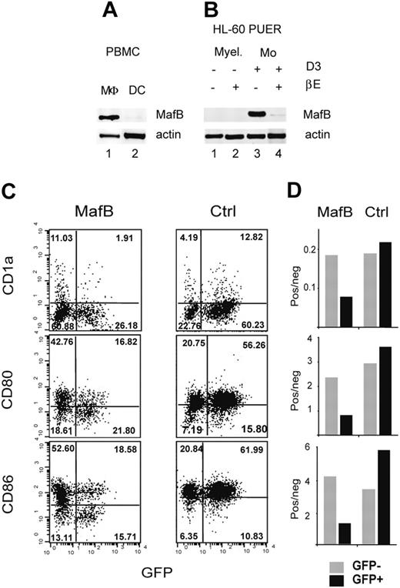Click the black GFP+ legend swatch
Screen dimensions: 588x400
point(317,576)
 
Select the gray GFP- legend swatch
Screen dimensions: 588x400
point(317,562)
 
